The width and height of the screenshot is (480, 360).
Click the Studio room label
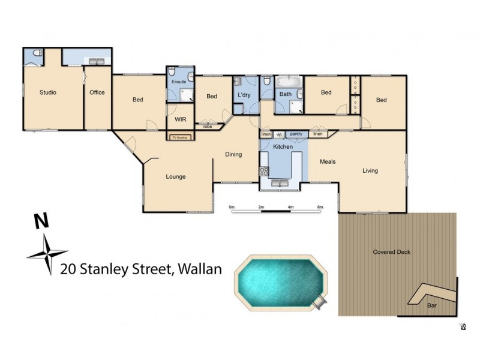click(x=48, y=92)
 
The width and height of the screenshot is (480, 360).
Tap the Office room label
click(x=97, y=92)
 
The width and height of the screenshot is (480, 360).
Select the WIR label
click(x=181, y=119)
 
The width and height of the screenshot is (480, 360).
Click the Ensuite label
click(x=179, y=81)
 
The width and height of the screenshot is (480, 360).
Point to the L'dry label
click(x=244, y=95)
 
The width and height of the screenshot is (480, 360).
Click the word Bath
click(x=286, y=94)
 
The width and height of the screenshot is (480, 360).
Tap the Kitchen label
click(x=283, y=147)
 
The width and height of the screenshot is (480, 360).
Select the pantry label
click(x=296, y=134)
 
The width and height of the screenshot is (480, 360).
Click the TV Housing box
click(x=180, y=137)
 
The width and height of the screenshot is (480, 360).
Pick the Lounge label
click(x=175, y=177)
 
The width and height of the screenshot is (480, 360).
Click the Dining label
click(x=233, y=155)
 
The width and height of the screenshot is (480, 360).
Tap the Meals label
click(x=328, y=162)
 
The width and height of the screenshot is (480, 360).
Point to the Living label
click(x=370, y=171)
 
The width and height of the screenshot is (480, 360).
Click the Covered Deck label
click(x=392, y=252)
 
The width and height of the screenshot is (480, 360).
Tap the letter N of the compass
click(x=41, y=221)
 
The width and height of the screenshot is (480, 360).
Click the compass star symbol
click(x=47, y=254)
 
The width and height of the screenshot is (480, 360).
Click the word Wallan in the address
click(x=199, y=269)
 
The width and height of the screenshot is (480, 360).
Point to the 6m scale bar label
click(x=320, y=207)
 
